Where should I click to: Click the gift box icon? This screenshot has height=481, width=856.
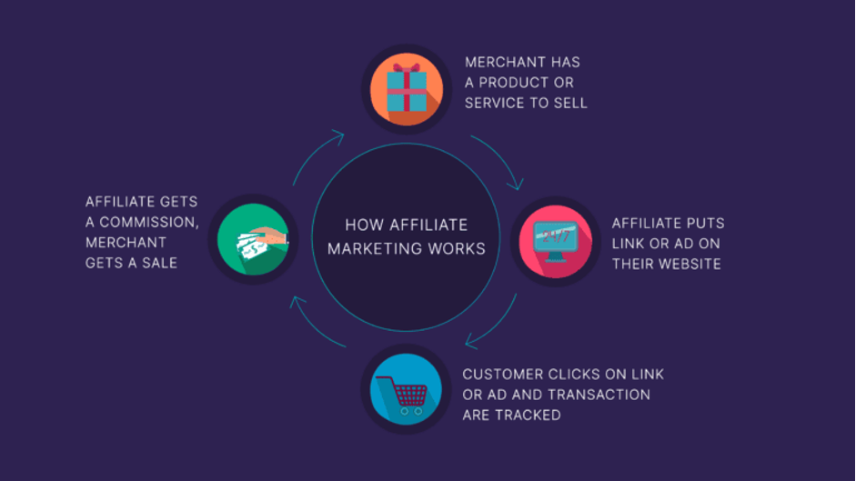(x=407, y=88)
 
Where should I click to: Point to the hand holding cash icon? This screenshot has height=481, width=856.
(x=262, y=243)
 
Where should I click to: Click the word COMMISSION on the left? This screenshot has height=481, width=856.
(x=148, y=222)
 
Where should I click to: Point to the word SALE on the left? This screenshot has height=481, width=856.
(x=159, y=263)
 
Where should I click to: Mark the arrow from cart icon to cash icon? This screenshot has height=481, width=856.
(x=313, y=326)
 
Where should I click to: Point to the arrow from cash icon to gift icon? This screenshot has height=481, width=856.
(x=313, y=153)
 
